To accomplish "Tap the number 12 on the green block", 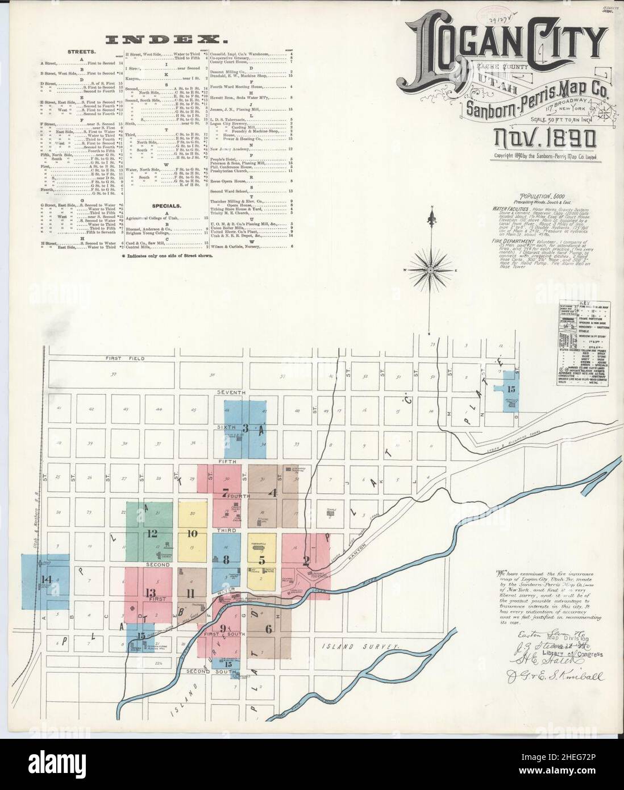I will click(x=152, y=533).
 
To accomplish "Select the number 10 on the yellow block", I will click(x=192, y=533).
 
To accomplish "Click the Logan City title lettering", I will click(x=503, y=44).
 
